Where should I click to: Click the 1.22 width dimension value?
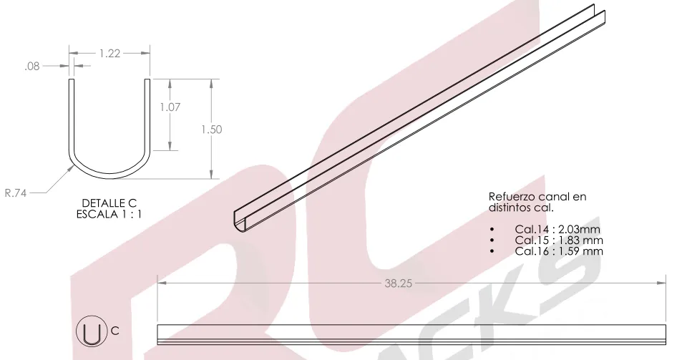point(109,54)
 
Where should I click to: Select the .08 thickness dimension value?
point(32,66)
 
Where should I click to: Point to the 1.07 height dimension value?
point(170,107)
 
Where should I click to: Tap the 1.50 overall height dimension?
point(211,130)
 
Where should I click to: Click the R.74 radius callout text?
point(16,193)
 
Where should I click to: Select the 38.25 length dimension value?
point(398,283)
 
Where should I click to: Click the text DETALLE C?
point(109,203)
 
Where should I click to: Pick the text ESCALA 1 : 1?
point(109,215)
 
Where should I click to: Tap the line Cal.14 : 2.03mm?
point(557,230)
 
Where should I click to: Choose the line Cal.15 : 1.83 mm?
point(559,240)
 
